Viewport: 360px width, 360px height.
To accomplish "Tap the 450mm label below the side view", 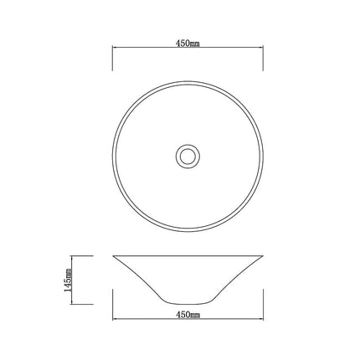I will click(x=188, y=315).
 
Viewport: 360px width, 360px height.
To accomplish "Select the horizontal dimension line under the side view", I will click(x=151, y=321).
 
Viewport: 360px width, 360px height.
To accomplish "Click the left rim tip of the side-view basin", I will click(x=114, y=255).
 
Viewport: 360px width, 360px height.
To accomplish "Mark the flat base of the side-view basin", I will click(x=188, y=301).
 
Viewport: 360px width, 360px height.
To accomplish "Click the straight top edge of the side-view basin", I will click(x=188, y=255).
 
